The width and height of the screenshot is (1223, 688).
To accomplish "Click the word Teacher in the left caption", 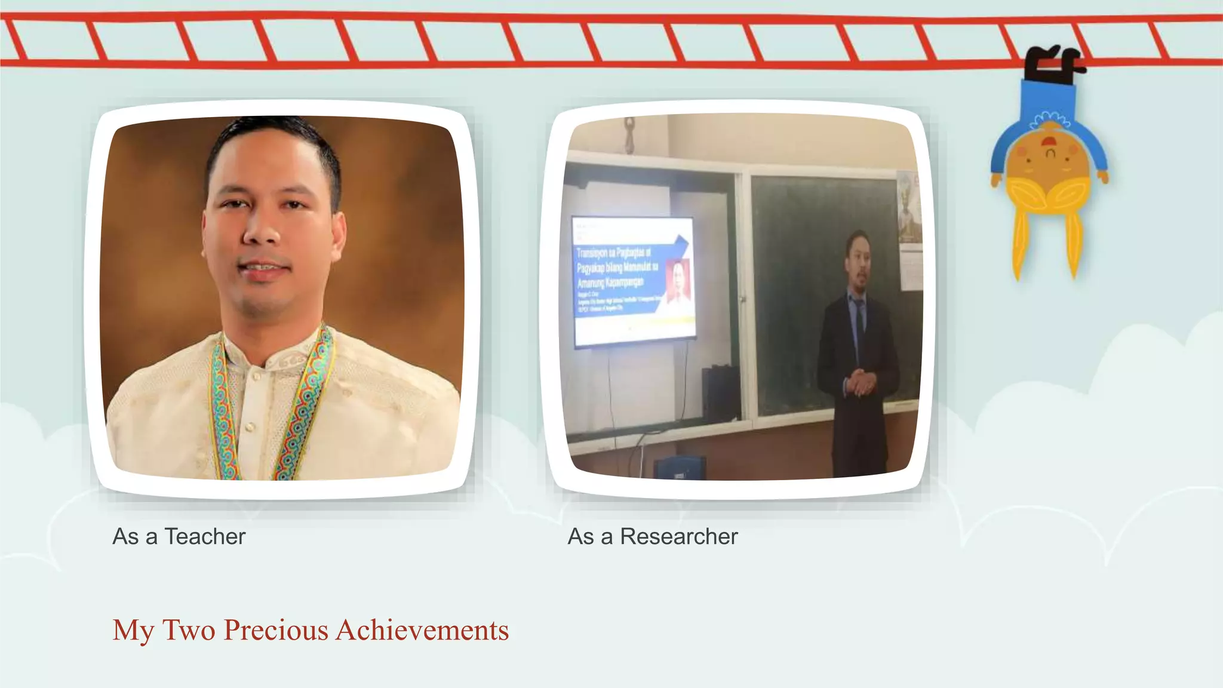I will [204, 536].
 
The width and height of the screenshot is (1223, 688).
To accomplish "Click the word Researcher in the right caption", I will [678, 536].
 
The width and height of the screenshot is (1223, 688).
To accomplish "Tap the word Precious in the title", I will [275, 630].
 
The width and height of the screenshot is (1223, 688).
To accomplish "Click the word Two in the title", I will [188, 630].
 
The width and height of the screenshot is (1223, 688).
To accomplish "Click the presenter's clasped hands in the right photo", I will [861, 382].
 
